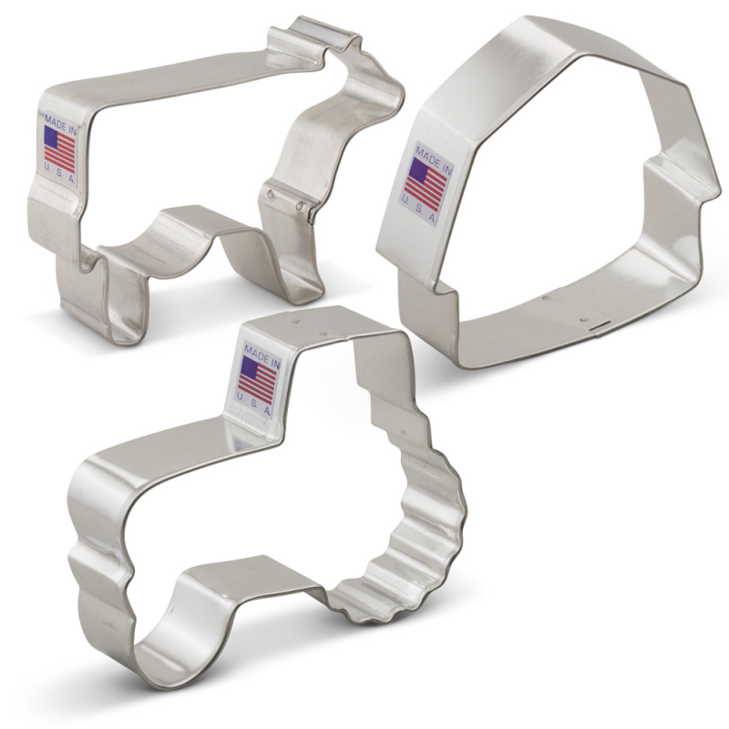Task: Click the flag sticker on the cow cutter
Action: point(61,149)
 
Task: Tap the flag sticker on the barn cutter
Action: point(426,186)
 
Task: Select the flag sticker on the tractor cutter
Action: point(257,381)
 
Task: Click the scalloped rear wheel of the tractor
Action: point(410,529)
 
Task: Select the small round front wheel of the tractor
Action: point(164,638)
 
